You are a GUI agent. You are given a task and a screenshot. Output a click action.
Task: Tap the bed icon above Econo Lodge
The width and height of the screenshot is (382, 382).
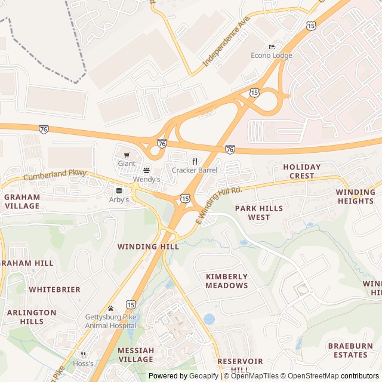pos(272,47)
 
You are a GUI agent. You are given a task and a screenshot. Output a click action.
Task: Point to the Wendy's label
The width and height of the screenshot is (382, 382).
pos(147,179)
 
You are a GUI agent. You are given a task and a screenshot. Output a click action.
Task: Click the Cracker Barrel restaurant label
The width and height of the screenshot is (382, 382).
pos(195,170)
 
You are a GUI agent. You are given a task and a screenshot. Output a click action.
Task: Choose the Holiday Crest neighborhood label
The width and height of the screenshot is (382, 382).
pos(301,171)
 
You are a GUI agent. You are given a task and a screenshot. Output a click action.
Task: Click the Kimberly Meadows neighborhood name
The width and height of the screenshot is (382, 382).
pos(227,281)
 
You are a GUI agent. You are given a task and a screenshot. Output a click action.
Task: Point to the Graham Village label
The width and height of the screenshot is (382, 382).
pos(21,201)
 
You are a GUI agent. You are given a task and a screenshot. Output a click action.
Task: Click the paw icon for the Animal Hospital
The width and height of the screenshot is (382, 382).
pos(110,308)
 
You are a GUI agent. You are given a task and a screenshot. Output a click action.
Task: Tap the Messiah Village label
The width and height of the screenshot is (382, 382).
pos(135,355)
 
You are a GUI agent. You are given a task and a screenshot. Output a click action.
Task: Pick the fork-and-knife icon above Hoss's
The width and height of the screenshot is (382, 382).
pos(83,355)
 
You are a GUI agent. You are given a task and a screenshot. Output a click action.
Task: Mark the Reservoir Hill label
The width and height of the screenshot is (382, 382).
pos(240,365)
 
